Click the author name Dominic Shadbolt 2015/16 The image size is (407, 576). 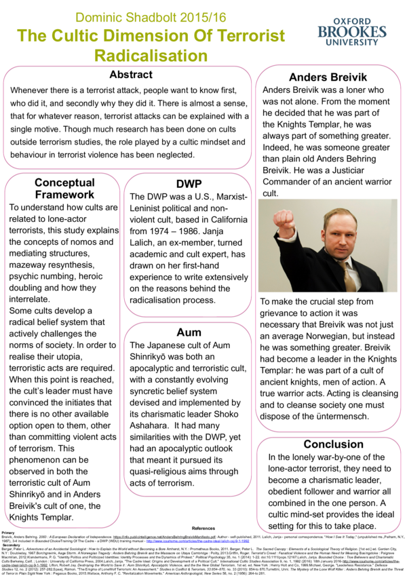pos(159,15)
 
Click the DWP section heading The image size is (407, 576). pos(189,184)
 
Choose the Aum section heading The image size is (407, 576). pos(189,332)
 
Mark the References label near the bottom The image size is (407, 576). pos(203,528)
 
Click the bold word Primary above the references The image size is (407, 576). pos(9,533)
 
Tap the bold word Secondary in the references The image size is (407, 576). pos(12,544)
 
